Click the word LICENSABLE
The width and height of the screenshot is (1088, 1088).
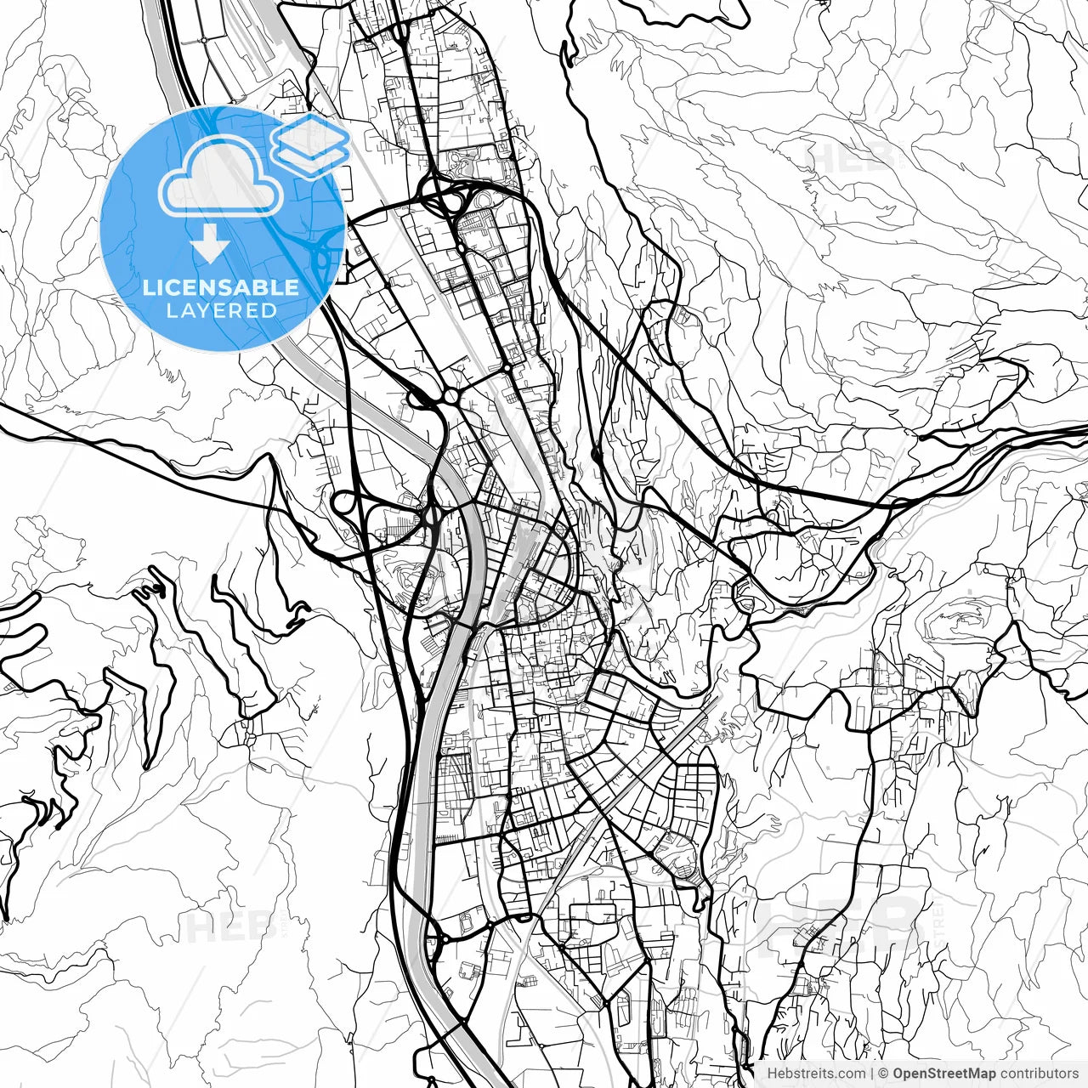221,287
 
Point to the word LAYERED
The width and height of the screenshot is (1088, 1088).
221,310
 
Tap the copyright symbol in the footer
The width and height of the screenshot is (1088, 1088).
883,1074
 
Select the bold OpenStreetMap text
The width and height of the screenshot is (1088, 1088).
943,1074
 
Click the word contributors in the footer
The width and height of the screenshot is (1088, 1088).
1039,1074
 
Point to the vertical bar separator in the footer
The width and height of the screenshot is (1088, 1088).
872,1074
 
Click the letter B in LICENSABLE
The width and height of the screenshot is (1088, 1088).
259,287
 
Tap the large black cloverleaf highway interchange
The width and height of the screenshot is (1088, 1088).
442,201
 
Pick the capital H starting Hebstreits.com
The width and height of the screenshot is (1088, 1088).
772,1074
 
